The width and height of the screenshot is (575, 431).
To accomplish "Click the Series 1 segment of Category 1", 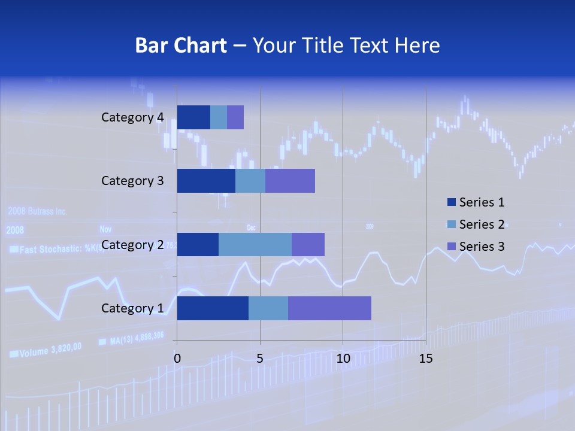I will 213,308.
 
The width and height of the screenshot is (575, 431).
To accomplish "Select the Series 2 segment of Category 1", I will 268,308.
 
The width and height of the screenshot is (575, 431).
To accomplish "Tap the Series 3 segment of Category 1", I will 329,308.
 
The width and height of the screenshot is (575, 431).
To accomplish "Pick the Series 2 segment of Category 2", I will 255,245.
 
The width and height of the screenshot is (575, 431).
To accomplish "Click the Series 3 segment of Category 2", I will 308,245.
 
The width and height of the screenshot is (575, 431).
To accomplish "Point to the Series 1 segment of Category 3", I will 206,181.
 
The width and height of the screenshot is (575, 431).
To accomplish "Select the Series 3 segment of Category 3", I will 290,181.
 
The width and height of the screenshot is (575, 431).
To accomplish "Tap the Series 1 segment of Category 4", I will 193,117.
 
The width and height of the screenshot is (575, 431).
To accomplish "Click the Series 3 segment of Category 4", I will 235,117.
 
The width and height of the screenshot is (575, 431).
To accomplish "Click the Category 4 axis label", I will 132,117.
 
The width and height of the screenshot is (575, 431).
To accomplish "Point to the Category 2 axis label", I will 132,245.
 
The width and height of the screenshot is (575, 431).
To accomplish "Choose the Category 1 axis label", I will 132,308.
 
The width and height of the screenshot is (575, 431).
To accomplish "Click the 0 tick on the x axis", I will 177,359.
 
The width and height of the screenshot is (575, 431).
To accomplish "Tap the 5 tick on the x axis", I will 260,359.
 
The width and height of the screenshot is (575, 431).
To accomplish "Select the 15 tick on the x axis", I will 425,359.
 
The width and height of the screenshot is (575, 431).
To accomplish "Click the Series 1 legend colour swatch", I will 452,202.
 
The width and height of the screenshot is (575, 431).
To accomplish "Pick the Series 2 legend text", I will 482,224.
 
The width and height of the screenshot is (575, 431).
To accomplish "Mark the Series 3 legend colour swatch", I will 452,246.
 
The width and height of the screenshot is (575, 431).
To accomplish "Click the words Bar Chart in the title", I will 181,45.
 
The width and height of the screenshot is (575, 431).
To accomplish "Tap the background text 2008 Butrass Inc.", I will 37,211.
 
